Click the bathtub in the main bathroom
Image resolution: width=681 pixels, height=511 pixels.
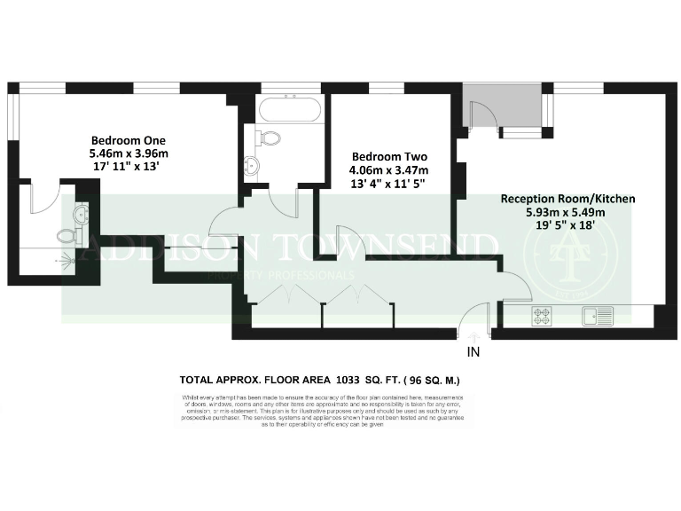point(289,112)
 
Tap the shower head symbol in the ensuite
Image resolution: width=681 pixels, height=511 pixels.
point(63,263)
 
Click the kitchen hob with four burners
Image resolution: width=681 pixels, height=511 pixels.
point(542,315)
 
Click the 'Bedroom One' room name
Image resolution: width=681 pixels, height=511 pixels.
point(129,140)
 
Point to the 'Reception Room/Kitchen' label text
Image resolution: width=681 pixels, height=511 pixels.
point(567,199)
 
